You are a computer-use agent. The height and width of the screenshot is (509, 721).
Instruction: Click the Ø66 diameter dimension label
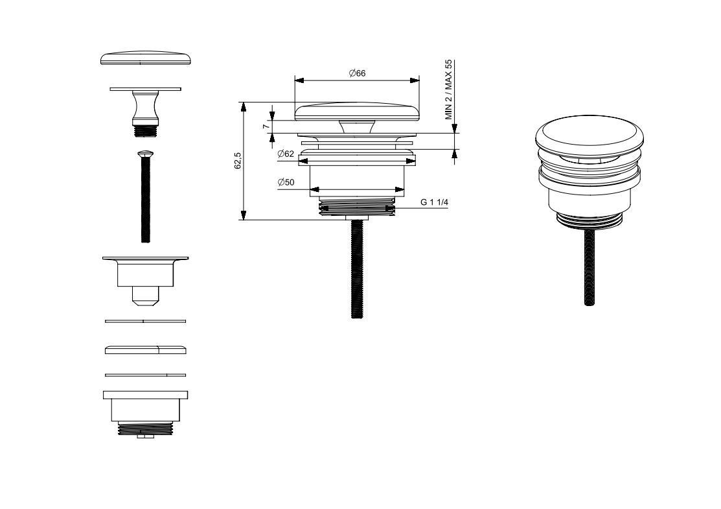[357, 73]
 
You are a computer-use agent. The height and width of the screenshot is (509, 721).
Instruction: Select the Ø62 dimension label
[286, 154]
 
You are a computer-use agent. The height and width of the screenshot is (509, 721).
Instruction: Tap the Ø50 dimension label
[286, 182]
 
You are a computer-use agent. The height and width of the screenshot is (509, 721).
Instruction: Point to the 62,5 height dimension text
[238, 161]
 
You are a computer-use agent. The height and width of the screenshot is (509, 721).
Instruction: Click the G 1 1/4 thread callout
[434, 202]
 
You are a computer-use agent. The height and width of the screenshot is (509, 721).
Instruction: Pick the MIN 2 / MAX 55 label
[449, 89]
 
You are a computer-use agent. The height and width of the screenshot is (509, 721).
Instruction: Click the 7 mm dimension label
[266, 126]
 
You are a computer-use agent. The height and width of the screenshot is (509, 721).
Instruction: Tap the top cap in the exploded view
[145, 60]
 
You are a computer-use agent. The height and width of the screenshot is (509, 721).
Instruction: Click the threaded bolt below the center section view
[357, 269]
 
